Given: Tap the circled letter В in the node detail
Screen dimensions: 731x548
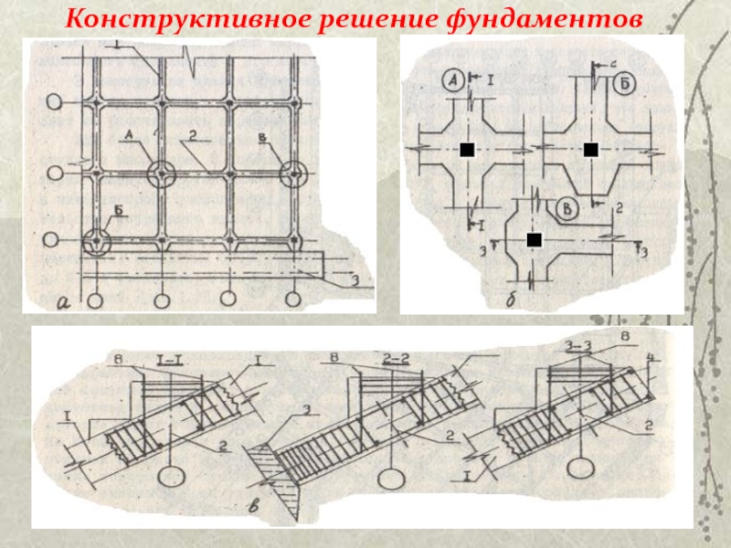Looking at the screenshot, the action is tap(567, 209).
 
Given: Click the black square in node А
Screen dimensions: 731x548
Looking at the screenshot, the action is tap(466, 150).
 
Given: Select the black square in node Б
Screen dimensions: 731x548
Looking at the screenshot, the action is tap(590, 150).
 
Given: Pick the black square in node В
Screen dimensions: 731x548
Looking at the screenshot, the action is tap(535, 239).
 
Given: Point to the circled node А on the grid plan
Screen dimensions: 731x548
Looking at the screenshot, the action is tap(161, 172).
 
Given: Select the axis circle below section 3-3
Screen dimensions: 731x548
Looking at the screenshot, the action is tap(577, 468).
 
